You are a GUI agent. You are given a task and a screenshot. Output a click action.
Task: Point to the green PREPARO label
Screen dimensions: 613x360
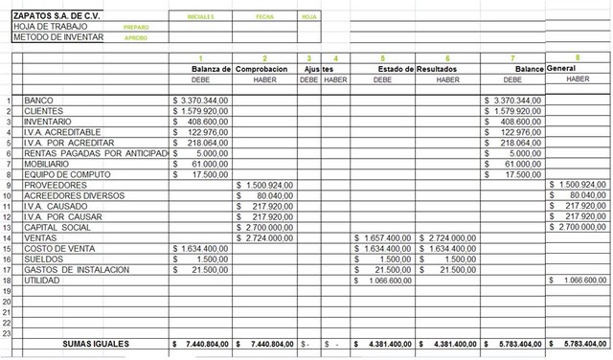[136, 28]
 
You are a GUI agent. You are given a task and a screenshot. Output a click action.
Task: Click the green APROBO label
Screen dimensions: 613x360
[136, 38]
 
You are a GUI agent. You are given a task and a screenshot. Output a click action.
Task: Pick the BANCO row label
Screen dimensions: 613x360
[38, 101]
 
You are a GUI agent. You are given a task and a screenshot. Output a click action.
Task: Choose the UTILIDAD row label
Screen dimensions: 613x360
[43, 281]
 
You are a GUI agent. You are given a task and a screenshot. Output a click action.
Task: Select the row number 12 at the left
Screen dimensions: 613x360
[8, 217]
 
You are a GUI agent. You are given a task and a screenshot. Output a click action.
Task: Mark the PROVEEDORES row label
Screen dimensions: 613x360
[54, 185]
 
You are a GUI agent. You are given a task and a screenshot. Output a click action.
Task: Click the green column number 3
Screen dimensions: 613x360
[308, 59]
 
